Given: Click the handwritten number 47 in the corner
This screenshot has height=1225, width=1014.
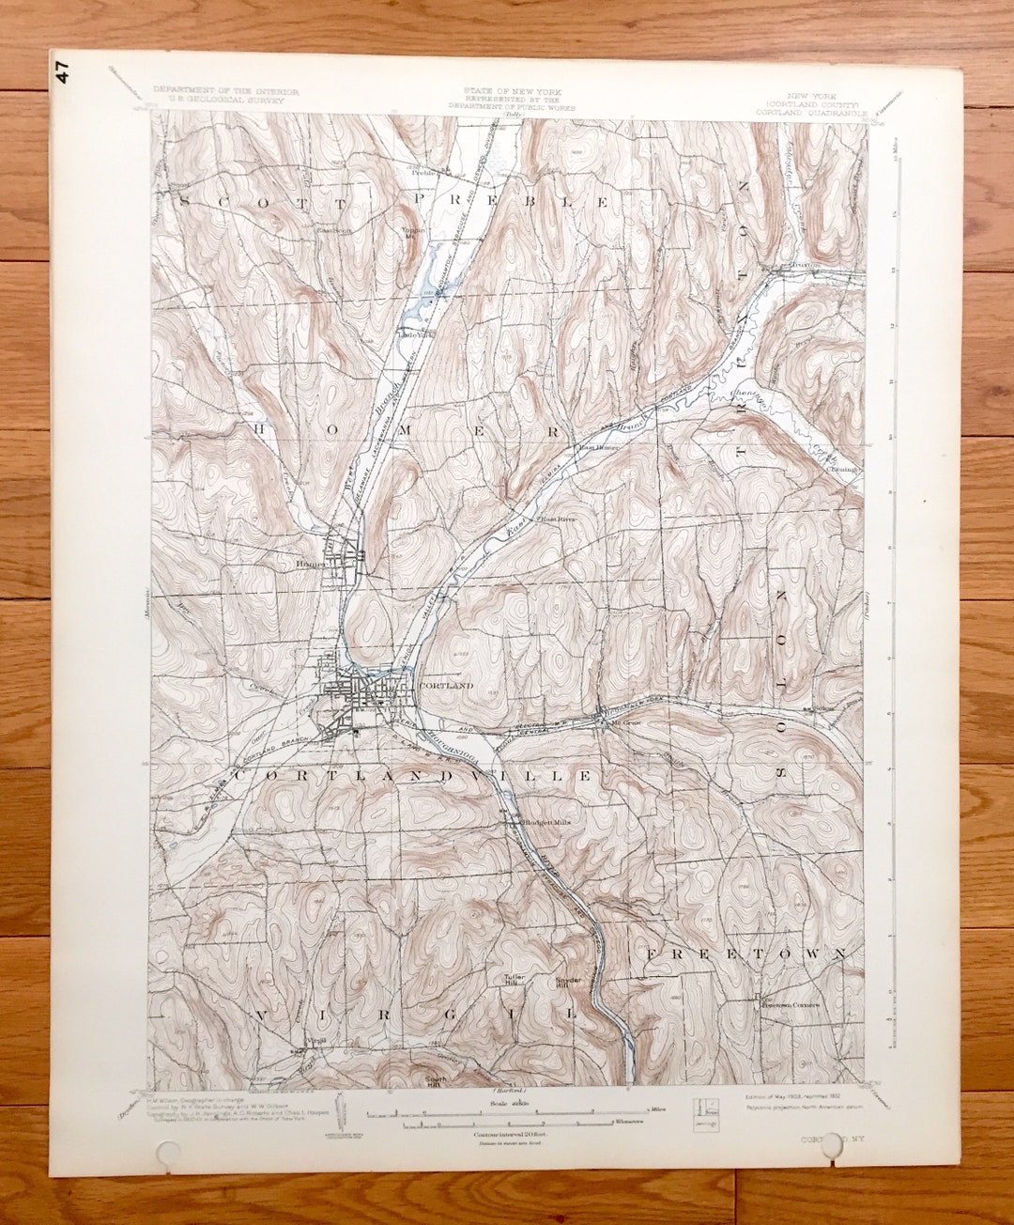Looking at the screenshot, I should pyautogui.click(x=63, y=73).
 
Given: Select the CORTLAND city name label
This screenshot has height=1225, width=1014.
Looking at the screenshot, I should pyautogui.click(x=447, y=687).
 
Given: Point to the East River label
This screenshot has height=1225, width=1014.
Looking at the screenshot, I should pyautogui.click(x=555, y=519).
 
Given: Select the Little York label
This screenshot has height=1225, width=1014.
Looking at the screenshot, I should pyautogui.click(x=415, y=334).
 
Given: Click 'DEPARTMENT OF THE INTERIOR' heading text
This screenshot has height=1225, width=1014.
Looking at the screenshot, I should pyautogui.click(x=225, y=91).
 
